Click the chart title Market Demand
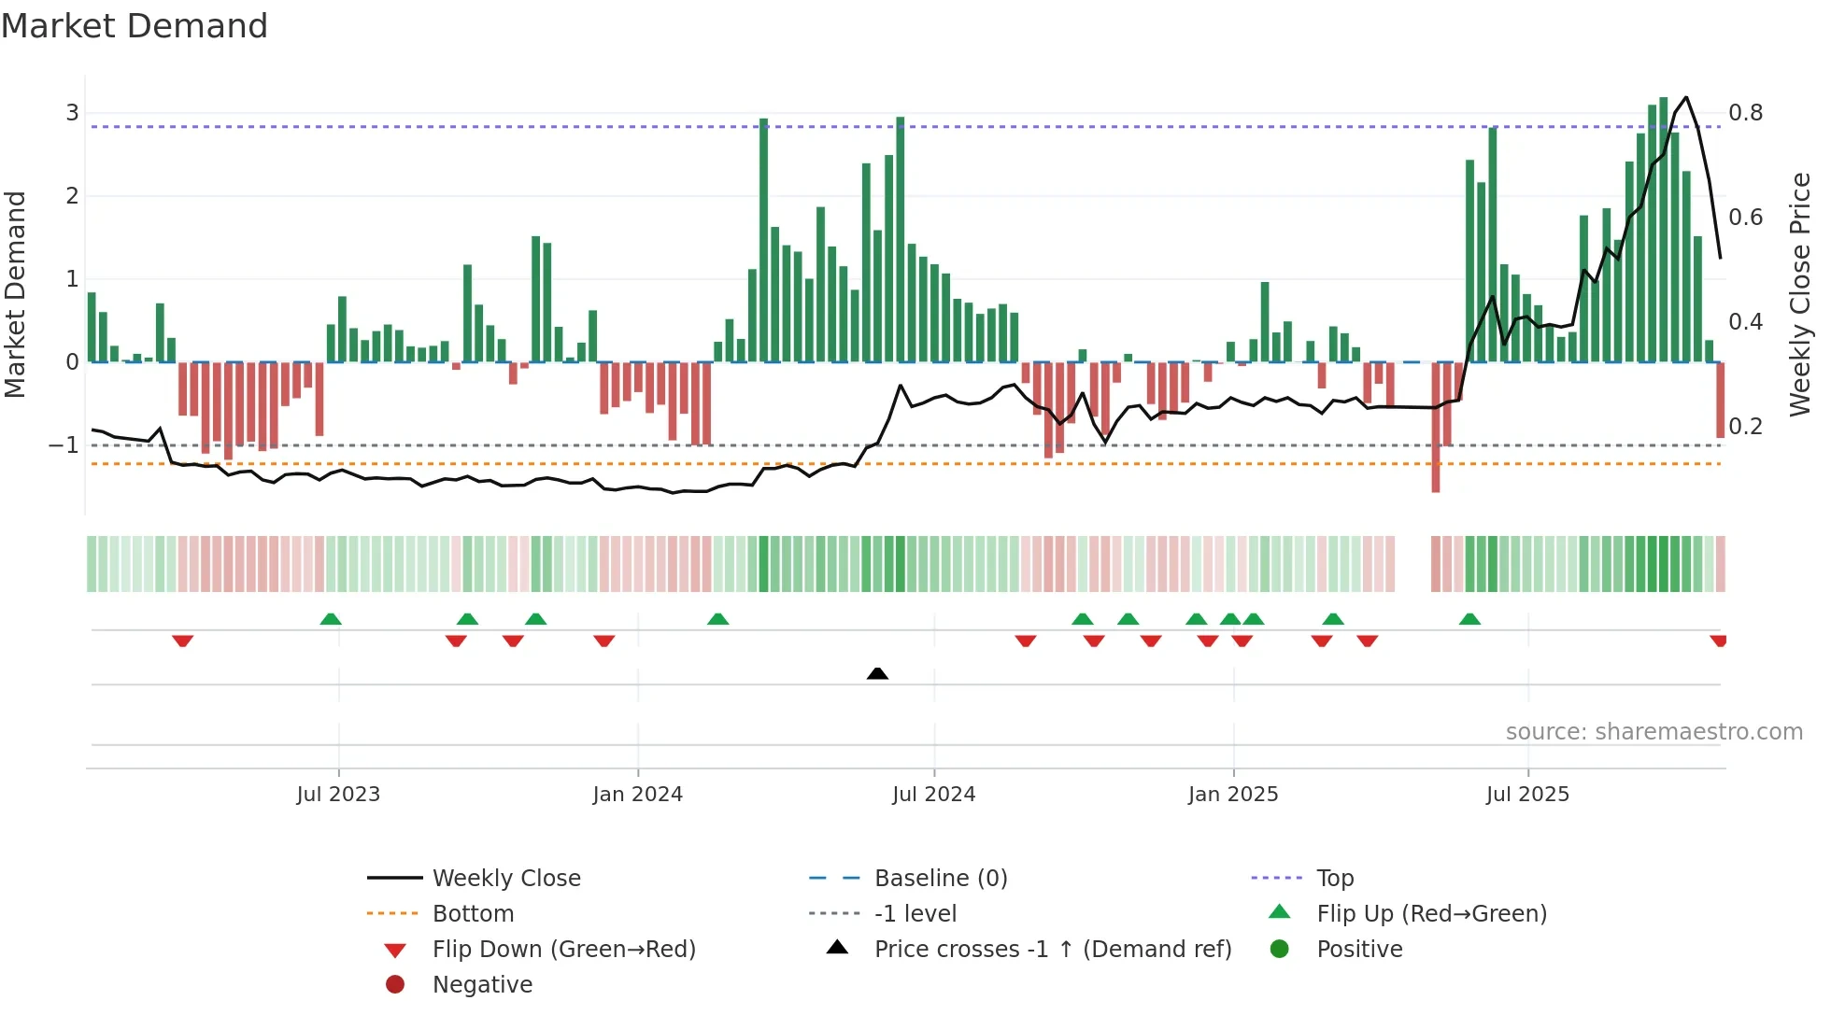pyautogui.click(x=135, y=26)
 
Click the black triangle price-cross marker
pyautogui.click(x=877, y=673)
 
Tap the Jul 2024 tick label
pyautogui.click(x=933, y=795)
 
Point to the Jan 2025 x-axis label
pyautogui.click(x=1232, y=795)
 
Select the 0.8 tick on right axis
pyautogui.click(x=1745, y=113)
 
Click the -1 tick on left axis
pyautogui.click(x=64, y=445)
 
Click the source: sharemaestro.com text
pyautogui.click(x=1654, y=732)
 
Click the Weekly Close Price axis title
pyautogui.click(x=1799, y=294)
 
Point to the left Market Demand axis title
pyautogui.click(x=16, y=294)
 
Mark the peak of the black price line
pyautogui.click(x=1686, y=97)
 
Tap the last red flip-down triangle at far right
pyautogui.click(x=1718, y=641)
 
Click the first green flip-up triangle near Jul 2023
pyautogui.click(x=331, y=619)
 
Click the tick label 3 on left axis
pyautogui.click(x=72, y=113)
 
